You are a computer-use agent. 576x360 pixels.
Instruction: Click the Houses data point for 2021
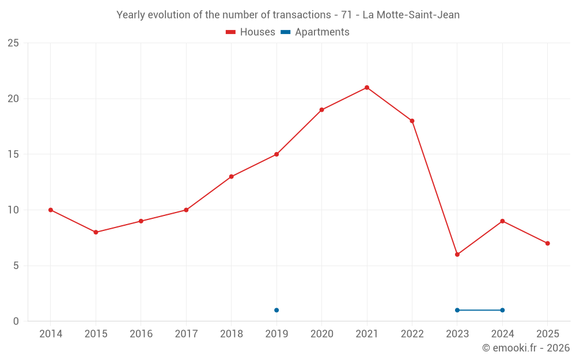click(x=367, y=88)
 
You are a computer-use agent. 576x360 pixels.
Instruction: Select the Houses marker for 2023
click(x=457, y=255)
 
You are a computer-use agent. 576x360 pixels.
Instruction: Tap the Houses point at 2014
click(x=51, y=210)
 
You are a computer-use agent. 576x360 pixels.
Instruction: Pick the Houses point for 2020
click(x=321, y=110)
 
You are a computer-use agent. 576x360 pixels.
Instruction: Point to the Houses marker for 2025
click(x=547, y=244)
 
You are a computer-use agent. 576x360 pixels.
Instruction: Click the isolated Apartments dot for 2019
click(x=276, y=310)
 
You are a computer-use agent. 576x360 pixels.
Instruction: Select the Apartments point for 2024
click(x=502, y=310)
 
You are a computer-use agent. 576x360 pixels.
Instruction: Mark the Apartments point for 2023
click(x=457, y=310)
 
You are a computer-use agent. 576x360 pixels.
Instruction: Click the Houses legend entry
click(x=251, y=32)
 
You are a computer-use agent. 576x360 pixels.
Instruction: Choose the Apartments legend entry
click(x=315, y=32)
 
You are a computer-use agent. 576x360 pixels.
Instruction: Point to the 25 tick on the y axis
click(x=13, y=43)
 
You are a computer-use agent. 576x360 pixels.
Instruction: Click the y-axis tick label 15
click(x=13, y=154)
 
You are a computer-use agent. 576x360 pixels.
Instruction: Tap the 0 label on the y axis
click(x=16, y=321)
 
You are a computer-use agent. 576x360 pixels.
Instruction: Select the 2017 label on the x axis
click(x=186, y=334)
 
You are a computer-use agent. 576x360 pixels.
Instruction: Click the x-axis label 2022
click(x=412, y=334)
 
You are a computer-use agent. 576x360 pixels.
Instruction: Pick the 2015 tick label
click(x=96, y=334)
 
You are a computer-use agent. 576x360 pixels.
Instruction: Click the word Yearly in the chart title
click(x=131, y=15)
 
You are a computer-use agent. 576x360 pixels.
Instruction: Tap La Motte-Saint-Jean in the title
click(x=411, y=15)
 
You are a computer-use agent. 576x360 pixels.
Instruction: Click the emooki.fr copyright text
click(x=525, y=348)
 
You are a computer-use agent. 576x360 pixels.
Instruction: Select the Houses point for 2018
click(x=232, y=177)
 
